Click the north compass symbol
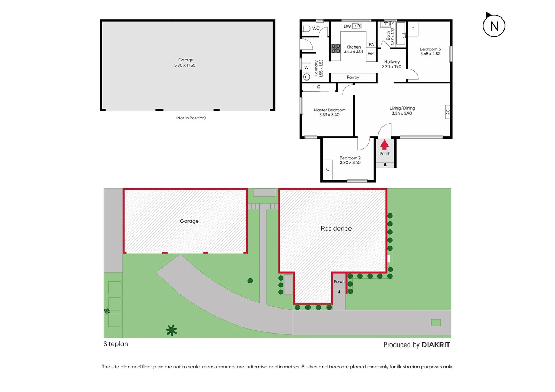pyautogui.click(x=494, y=26)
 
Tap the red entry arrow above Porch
pyautogui.click(x=384, y=145)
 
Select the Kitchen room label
pyautogui.click(x=353, y=47)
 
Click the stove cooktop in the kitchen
pyautogui.click(x=336, y=49)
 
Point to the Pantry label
pyautogui.click(x=353, y=77)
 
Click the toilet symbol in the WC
pyautogui.click(x=307, y=29)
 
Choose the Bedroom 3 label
pyautogui.click(x=430, y=49)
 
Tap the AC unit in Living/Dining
pyautogui.click(x=448, y=112)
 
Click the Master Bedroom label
pyautogui.click(x=329, y=110)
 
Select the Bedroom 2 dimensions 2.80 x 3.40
pyautogui.click(x=350, y=163)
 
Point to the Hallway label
pyautogui.click(x=392, y=62)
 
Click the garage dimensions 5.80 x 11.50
pyautogui.click(x=185, y=66)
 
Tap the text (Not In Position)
pyautogui.click(x=191, y=118)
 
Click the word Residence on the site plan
pyautogui.click(x=336, y=229)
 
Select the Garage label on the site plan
pyautogui.click(x=189, y=221)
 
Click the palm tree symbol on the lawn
pyautogui.click(x=171, y=330)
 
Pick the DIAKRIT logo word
pyautogui.click(x=436, y=345)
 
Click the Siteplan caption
pyautogui.click(x=116, y=344)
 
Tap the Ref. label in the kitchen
pyautogui.click(x=371, y=53)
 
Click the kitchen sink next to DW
pyautogui.click(x=357, y=26)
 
